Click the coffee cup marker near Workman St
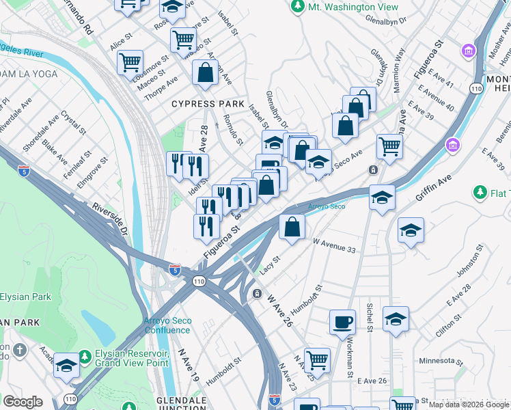coord(342,321)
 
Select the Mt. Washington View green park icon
coord(297,6)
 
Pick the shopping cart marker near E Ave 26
coord(317,359)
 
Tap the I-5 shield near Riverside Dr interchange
coord(175,269)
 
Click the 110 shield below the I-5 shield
coord(199,281)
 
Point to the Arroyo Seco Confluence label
coord(167,325)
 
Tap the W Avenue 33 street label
coord(334,245)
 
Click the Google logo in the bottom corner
coord(22,402)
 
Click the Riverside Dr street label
coord(110,218)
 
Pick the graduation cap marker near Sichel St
coord(396,319)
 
